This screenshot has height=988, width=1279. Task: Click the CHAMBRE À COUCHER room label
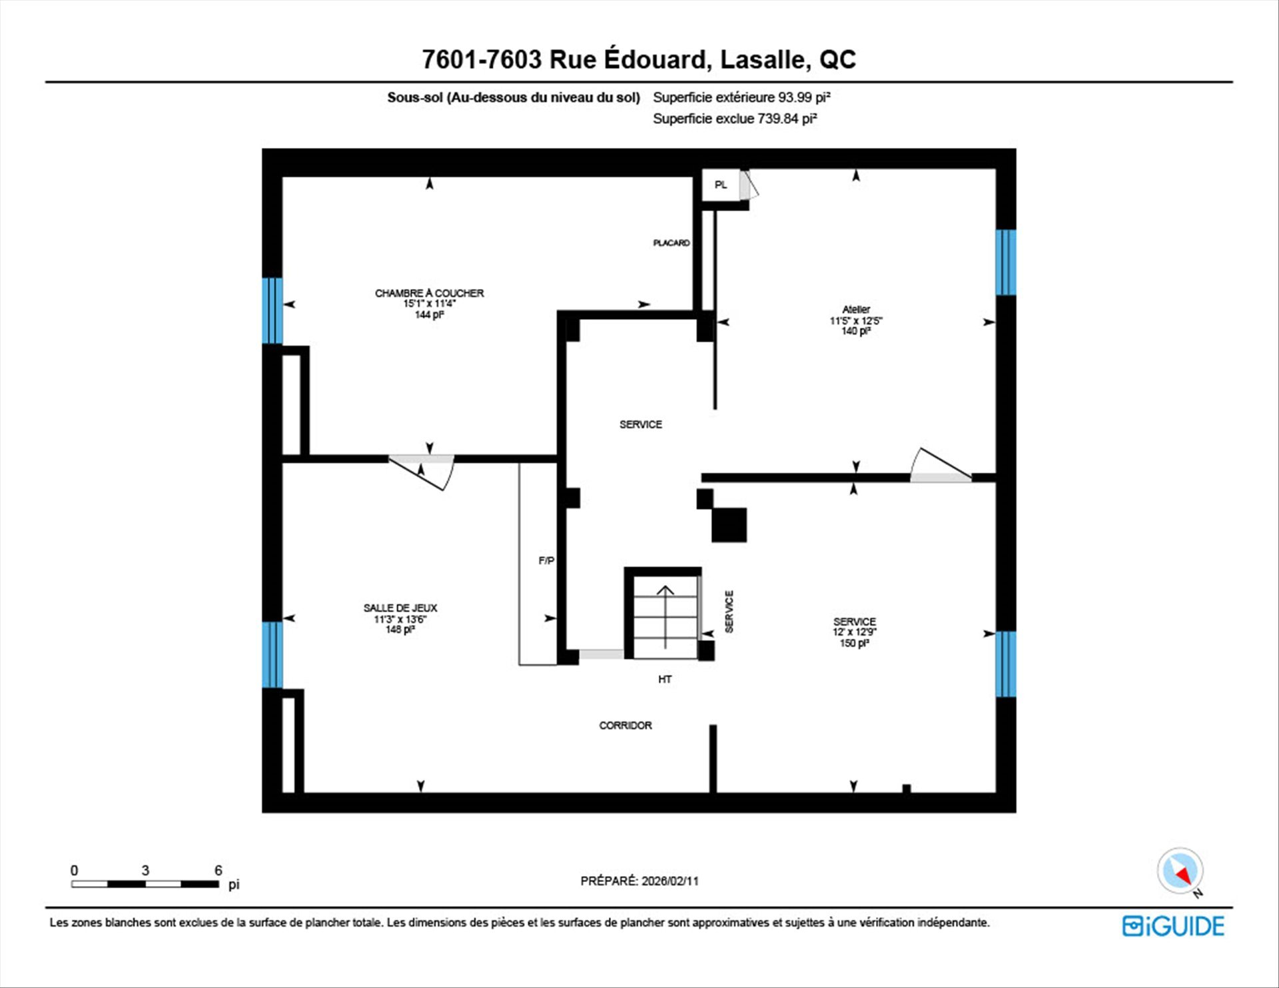click(x=429, y=293)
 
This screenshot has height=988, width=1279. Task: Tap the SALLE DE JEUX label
click(x=400, y=608)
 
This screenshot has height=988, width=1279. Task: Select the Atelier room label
click(x=856, y=309)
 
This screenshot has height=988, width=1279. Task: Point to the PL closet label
click(x=721, y=185)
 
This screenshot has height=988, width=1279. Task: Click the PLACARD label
click(x=671, y=243)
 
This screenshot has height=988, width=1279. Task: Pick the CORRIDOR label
click(x=626, y=726)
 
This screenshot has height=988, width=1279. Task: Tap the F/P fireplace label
click(x=546, y=561)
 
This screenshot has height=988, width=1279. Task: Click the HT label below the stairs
click(x=665, y=680)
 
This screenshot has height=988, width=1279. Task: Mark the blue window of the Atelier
click(x=1006, y=262)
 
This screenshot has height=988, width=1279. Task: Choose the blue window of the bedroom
click(x=272, y=310)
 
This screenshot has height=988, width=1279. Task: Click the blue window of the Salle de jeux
click(x=272, y=655)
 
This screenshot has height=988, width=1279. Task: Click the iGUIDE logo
click(x=1173, y=926)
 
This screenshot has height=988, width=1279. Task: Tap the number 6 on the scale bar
click(x=218, y=870)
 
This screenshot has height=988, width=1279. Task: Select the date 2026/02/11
click(x=670, y=881)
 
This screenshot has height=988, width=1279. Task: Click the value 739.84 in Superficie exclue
click(x=778, y=119)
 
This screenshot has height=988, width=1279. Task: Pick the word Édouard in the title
click(x=654, y=59)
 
